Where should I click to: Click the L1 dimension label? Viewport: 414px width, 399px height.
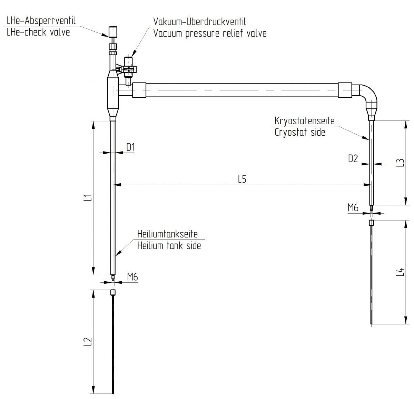tap(88, 198)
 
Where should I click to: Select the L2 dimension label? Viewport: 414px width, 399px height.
tap(88, 341)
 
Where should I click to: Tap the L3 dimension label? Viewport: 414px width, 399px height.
tap(400, 163)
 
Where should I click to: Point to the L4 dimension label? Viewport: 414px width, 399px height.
tap(400, 272)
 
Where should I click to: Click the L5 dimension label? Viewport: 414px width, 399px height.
tap(242, 179)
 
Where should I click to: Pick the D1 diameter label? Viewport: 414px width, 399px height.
tap(130, 147)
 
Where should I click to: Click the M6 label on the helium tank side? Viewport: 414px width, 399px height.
tap(132, 276)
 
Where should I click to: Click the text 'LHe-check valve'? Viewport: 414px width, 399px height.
tap(38, 32)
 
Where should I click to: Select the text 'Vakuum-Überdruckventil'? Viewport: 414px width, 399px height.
tap(200, 22)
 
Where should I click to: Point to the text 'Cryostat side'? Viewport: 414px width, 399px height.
tap(300, 132)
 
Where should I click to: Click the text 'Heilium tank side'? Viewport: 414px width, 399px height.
tap(169, 245)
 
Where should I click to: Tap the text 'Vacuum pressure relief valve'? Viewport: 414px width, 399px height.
tap(210, 33)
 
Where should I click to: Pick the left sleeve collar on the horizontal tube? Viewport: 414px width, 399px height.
tap(139, 91)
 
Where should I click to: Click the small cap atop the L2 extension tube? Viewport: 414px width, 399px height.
tap(113, 293)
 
